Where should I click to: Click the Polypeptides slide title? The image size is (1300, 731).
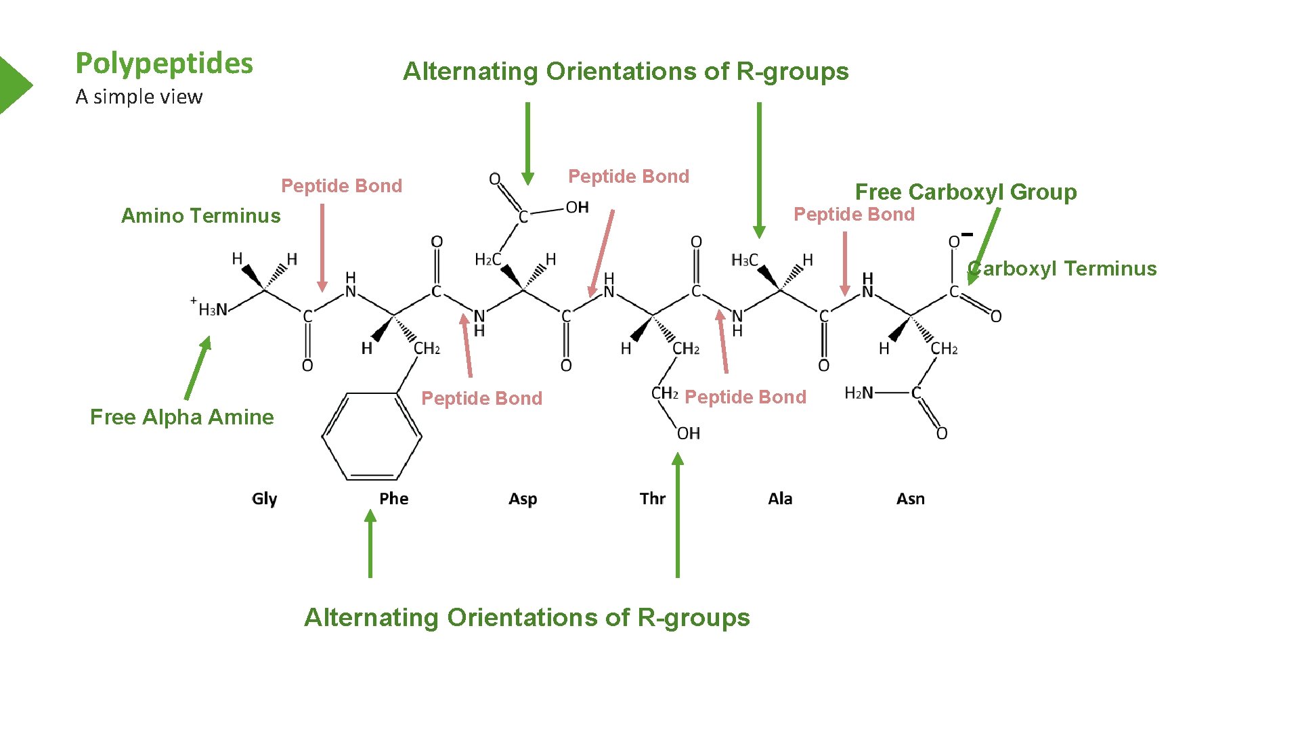click(165, 64)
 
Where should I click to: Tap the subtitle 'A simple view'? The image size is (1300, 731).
click(139, 97)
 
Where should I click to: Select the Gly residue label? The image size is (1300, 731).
click(264, 499)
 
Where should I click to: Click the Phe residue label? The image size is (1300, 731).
click(393, 499)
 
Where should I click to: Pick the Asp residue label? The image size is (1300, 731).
click(523, 499)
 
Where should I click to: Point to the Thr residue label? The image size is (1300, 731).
click(652, 499)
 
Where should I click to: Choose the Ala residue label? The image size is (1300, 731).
click(780, 499)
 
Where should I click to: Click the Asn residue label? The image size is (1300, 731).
click(910, 499)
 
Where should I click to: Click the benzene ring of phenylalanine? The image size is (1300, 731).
click(372, 437)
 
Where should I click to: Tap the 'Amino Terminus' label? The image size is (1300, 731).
click(200, 215)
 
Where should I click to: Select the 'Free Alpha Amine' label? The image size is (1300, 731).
click(181, 416)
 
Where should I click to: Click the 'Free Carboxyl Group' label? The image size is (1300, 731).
click(966, 192)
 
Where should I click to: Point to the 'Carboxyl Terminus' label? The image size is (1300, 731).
click(1063, 268)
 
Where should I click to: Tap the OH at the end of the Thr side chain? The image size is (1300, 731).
click(689, 433)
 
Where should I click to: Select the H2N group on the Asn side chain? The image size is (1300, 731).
click(859, 393)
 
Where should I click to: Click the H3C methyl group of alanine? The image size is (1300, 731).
click(744, 260)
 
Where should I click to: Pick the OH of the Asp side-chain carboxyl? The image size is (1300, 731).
click(577, 207)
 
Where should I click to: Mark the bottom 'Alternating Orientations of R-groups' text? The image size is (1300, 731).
click(527, 617)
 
